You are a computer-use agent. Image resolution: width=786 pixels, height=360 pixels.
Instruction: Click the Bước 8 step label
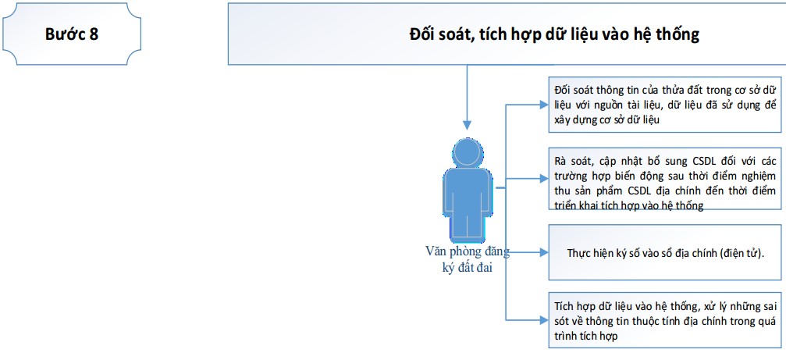tap(72, 34)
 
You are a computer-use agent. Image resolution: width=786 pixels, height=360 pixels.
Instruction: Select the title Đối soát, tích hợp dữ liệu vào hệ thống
tap(554, 34)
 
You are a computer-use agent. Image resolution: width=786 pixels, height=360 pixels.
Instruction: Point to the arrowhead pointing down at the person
tap(468, 126)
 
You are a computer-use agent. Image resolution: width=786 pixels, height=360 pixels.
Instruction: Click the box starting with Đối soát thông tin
tap(665, 105)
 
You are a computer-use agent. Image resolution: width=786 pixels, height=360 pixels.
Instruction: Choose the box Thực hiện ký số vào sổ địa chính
tap(665, 252)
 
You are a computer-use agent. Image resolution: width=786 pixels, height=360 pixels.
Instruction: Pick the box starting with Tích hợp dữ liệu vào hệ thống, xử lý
tap(665, 320)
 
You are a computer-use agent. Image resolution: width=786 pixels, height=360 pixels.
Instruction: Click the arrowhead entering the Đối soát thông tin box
tap(544, 105)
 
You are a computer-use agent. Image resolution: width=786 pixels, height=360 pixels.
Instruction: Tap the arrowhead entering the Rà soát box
tap(544, 179)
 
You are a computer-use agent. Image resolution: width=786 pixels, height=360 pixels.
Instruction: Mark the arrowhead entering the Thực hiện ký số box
tap(544, 252)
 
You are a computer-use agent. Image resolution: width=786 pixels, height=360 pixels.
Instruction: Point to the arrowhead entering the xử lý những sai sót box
tap(544, 320)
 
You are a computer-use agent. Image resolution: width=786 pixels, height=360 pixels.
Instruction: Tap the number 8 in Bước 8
tap(94, 34)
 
